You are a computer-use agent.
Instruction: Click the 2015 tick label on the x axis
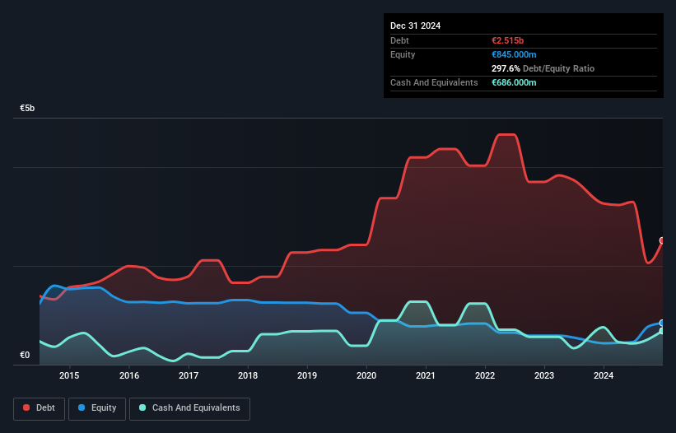pos(70,376)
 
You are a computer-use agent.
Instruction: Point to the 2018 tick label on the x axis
pos(248,376)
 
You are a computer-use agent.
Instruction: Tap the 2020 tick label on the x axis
pos(366,376)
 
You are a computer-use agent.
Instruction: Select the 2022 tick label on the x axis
pos(485,376)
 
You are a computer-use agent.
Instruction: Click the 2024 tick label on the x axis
pos(604,376)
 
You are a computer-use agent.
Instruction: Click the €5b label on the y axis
pos(28,109)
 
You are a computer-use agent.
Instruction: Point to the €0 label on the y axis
pos(25,356)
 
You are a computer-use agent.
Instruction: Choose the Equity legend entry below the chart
pos(97,408)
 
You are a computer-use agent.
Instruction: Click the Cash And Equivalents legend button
pos(189,408)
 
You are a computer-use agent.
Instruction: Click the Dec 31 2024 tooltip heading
pos(416,26)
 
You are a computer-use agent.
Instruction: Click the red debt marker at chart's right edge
pos(662,240)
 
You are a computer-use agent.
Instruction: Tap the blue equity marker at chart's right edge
pos(662,323)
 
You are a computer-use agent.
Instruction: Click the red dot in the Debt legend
pos(26,408)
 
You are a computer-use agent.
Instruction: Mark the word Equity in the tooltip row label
pos(403,54)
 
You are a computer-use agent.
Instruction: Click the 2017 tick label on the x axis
pos(189,376)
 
